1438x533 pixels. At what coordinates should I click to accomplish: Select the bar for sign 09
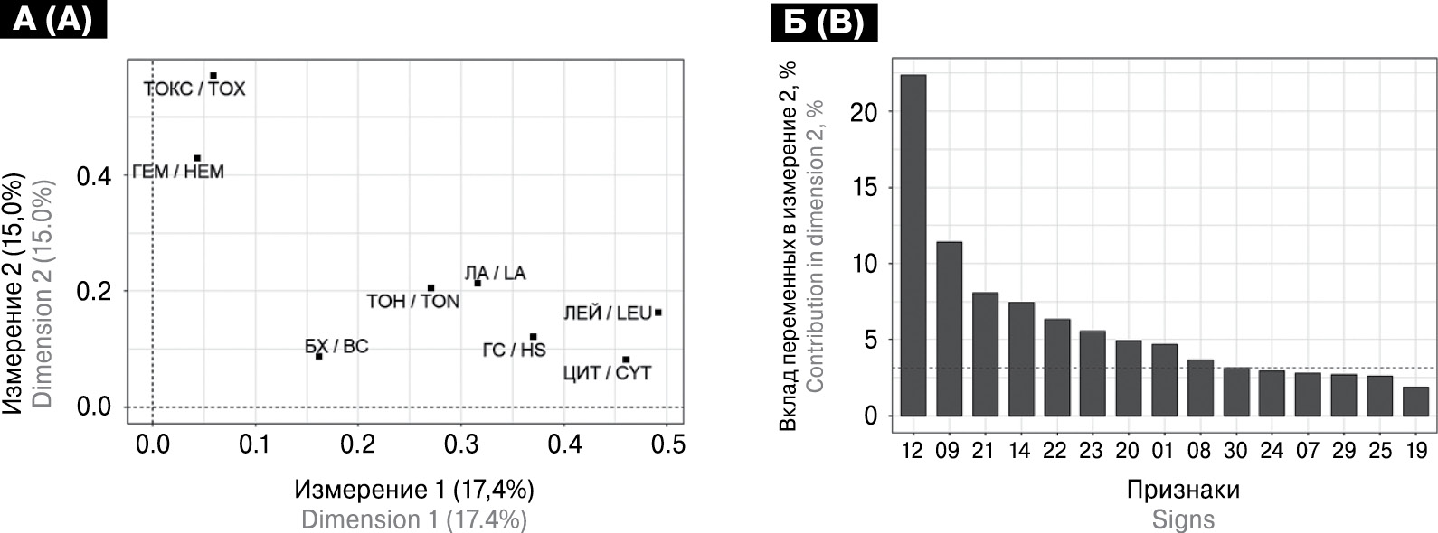[x=949, y=329]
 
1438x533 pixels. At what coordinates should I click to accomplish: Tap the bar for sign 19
[x=1415, y=401]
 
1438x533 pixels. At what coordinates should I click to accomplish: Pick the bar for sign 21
[x=985, y=354]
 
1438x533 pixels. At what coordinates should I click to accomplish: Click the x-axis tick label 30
[x=1236, y=449]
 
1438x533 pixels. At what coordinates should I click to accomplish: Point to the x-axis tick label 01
[x=1164, y=449]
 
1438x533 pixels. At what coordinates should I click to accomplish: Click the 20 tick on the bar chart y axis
[x=864, y=112]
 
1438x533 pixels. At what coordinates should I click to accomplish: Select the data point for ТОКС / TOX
[x=213, y=76]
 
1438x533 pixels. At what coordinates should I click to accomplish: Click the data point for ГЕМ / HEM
[x=197, y=158]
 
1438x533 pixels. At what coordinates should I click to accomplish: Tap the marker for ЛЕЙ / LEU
[x=658, y=313]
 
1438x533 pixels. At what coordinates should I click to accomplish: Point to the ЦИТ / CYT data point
[x=626, y=360]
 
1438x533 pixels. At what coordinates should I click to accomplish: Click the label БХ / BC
[x=336, y=346]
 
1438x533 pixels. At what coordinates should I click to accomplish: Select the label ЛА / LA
[x=495, y=273]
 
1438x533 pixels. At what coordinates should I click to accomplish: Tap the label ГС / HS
[x=514, y=350]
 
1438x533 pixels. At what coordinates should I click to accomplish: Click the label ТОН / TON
[x=413, y=301]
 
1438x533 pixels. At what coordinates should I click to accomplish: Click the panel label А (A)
[x=54, y=19]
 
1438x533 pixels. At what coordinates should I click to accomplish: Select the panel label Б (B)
[x=823, y=22]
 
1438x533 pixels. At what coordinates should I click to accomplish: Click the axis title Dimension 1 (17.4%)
[x=413, y=519]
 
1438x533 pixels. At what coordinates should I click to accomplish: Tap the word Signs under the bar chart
[x=1182, y=519]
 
